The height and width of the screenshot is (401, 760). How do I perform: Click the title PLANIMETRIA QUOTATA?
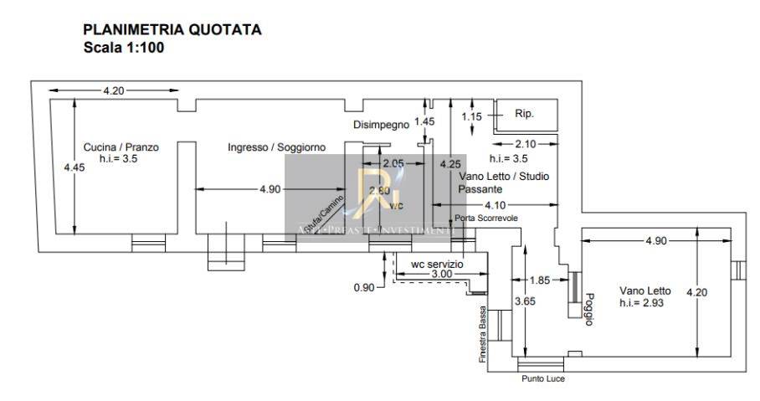[172, 30]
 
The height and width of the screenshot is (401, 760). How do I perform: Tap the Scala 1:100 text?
[123, 48]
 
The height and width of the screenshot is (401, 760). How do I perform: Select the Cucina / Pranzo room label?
[121, 147]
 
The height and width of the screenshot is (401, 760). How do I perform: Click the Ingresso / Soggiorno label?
[276, 147]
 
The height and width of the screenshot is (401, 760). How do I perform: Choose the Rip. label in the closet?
[524, 113]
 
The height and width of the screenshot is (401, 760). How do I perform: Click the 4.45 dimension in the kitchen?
[74, 167]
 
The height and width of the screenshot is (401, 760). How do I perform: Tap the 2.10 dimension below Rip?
[525, 143]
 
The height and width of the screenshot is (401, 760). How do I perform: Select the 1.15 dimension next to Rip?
[472, 116]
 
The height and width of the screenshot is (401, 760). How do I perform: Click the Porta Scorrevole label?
[486, 218]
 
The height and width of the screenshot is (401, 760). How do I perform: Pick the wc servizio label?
[436, 264]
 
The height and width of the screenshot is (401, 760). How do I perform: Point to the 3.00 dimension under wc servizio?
[441, 274]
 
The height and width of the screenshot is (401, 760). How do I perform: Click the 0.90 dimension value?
[365, 287]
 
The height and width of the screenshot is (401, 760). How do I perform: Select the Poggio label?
[589, 307]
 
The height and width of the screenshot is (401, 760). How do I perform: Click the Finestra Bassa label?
[483, 334]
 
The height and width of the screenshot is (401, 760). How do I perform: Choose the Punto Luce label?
[542, 379]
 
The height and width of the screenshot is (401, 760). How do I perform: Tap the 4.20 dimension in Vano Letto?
[696, 292]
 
